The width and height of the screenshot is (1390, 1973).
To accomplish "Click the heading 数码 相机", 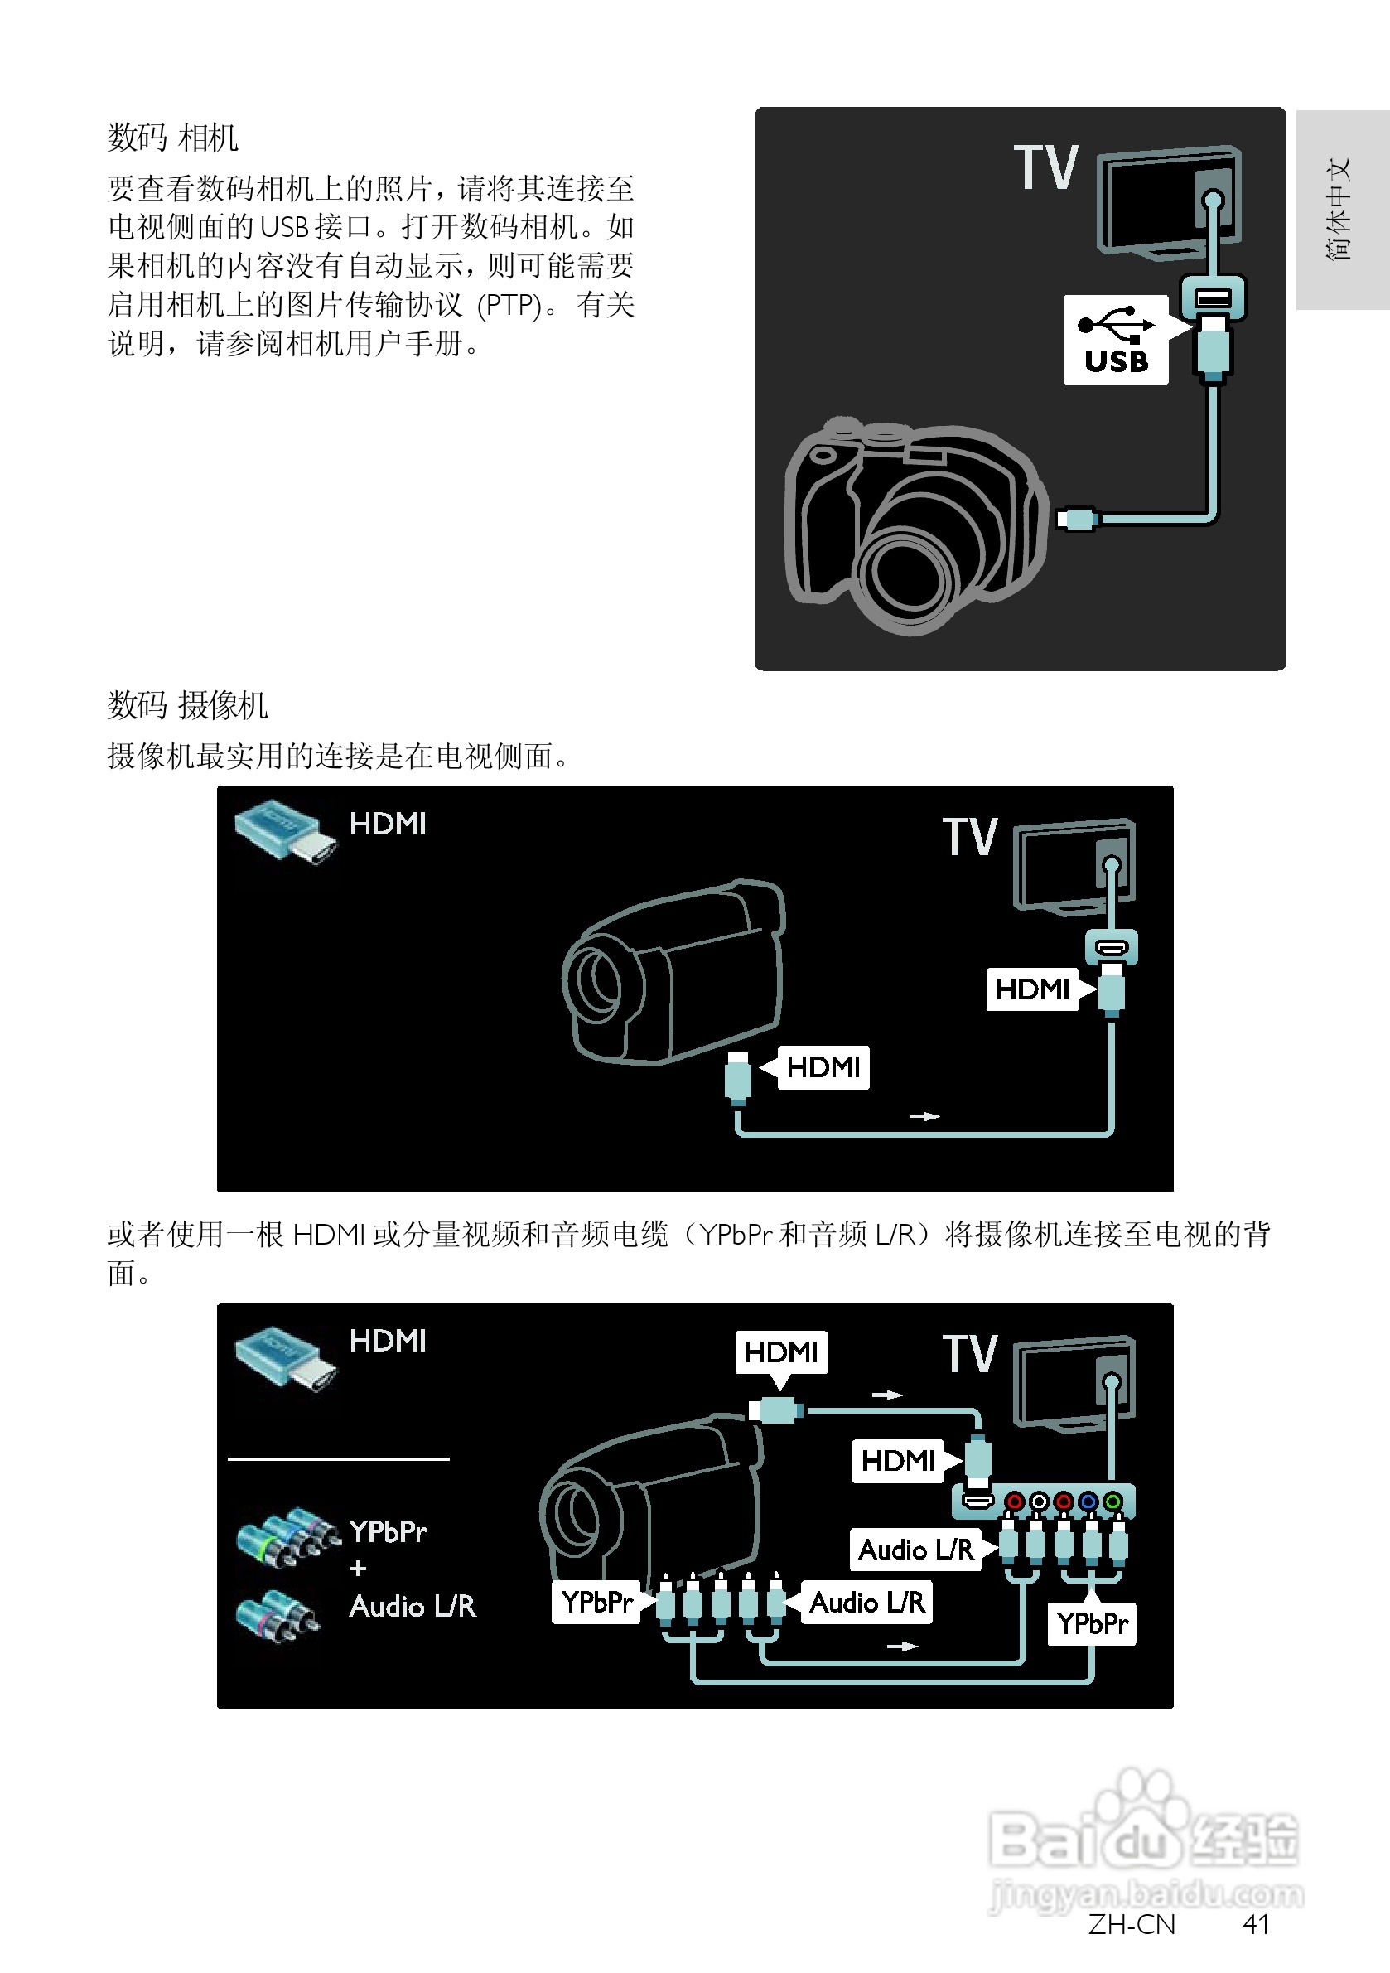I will (x=172, y=138).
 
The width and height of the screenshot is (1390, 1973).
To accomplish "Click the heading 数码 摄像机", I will (x=187, y=705).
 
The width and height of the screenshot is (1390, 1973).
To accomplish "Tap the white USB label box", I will (x=1115, y=341).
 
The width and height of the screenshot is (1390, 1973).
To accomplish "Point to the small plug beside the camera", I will (x=1076, y=518).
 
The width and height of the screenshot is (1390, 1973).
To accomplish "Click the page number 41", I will (x=1255, y=1924).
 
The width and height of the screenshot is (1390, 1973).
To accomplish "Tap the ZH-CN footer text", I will (x=1131, y=1924).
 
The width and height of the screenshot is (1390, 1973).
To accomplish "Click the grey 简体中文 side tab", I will (x=1341, y=209).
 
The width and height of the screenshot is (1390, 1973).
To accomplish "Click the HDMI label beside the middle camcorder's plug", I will (x=823, y=1067).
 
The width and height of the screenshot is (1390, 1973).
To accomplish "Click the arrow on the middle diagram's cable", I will (x=924, y=1116).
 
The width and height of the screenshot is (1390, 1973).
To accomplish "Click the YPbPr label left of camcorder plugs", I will (x=596, y=1602).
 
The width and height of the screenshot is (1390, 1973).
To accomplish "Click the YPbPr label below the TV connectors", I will (x=1091, y=1623).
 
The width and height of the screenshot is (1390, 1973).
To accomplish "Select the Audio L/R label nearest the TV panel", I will (x=916, y=1550).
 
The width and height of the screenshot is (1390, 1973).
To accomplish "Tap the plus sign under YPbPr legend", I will (x=358, y=1569).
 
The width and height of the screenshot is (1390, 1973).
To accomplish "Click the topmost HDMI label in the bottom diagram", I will (x=781, y=1352).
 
